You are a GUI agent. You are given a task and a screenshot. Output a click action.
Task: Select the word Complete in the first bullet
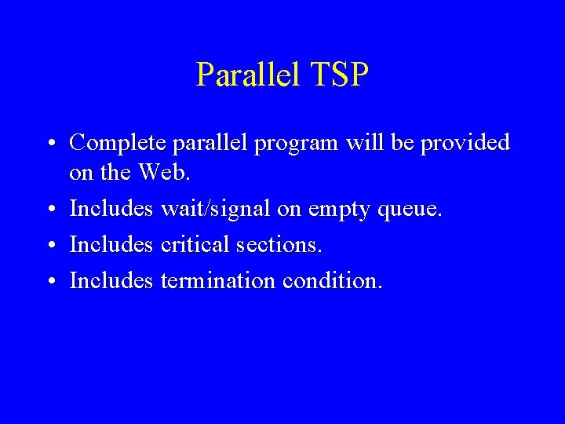coord(118,143)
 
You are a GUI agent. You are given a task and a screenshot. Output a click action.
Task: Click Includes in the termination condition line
coord(111,280)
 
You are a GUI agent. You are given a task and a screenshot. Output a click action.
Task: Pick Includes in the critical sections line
coord(111,245)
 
